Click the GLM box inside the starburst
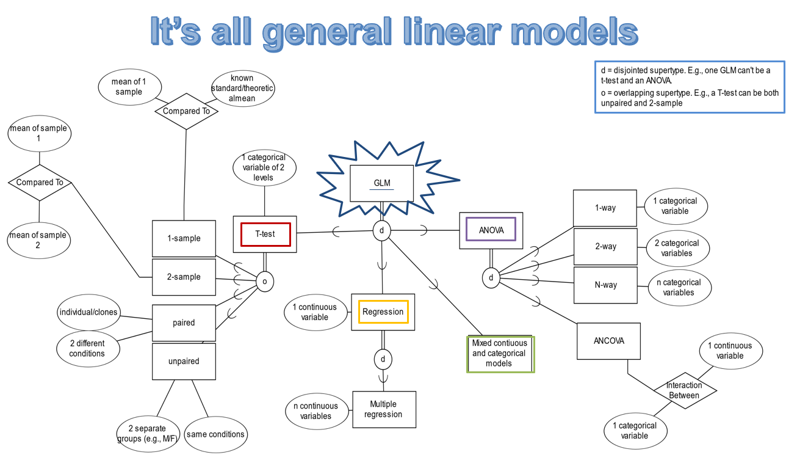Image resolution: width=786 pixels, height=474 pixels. coord(382,183)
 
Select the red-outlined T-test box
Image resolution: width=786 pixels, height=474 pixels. coord(265,234)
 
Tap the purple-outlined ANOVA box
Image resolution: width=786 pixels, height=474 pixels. coord(491,230)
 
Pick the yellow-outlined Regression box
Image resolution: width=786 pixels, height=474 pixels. coord(383,312)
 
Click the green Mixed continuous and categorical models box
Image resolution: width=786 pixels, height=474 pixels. coord(500,354)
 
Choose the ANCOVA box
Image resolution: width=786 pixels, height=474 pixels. coord(608,341)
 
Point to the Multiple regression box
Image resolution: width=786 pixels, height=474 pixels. coord(384,409)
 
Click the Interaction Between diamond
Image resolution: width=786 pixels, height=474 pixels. coord(684,390)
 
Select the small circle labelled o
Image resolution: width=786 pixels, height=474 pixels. coord(264,282)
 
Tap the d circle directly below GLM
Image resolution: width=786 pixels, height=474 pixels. coord(381,231)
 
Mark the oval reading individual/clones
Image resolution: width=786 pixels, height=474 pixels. coord(88,312)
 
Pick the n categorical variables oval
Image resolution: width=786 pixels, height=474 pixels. coord(679,288)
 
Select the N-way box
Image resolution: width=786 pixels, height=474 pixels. coord(605,285)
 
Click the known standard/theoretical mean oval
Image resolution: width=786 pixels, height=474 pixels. coord(242,89)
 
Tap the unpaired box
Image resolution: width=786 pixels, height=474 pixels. coord(184,361)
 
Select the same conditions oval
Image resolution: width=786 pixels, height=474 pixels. coord(215,434)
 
